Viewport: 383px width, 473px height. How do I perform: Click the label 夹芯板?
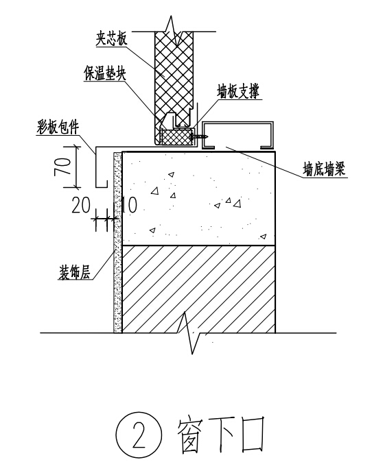112,39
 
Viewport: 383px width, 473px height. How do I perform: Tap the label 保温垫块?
105,73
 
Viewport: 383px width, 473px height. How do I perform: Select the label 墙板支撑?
238,91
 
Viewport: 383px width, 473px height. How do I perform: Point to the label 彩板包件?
58,127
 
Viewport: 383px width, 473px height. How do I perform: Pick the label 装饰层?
74,273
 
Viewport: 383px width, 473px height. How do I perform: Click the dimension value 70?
62,167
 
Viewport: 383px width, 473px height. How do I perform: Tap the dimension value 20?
81,206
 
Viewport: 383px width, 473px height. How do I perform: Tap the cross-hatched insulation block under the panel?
177,137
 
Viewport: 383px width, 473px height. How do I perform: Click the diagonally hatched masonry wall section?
198,289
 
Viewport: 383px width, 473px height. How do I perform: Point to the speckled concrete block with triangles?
198,199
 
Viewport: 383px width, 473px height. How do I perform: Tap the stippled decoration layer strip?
117,242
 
